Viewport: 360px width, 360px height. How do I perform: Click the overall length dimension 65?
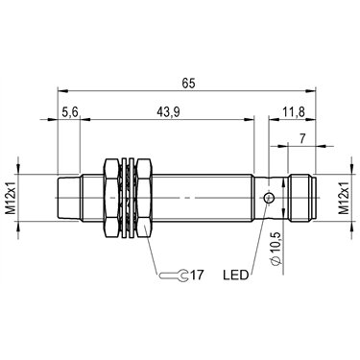pyautogui.click(x=188, y=84)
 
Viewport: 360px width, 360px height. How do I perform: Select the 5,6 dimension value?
pyautogui.click(x=70, y=112)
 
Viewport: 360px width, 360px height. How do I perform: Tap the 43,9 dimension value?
pyautogui.click(x=168, y=112)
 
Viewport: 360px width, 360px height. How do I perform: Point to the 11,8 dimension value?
pyautogui.click(x=294, y=112)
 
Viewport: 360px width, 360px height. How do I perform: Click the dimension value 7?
pyautogui.click(x=302, y=138)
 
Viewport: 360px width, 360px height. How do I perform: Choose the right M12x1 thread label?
pyautogui.click(x=345, y=198)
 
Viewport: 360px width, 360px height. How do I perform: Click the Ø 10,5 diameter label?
pyautogui.click(x=276, y=248)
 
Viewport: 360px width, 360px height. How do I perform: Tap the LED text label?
pyautogui.click(x=235, y=275)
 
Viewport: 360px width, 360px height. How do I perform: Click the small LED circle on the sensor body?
pyautogui.click(x=269, y=199)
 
